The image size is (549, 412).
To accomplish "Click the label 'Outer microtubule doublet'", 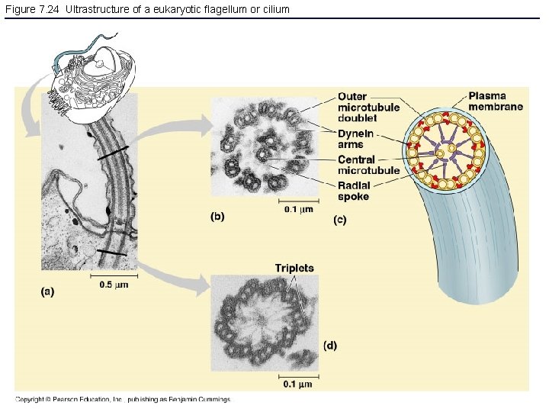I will (368, 108).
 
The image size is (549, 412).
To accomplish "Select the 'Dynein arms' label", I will (353, 139).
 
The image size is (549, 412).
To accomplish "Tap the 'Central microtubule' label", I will (368, 165).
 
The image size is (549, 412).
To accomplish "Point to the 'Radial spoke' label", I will (354, 192).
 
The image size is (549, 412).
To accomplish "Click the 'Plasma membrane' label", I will (495, 101).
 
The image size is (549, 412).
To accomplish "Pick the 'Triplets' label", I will (294, 268).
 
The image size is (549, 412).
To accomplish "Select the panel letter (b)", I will (217, 216).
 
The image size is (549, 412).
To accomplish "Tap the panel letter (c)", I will (340, 220).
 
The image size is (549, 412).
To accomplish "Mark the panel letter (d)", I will (329, 346).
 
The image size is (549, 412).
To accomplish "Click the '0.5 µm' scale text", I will (114, 285).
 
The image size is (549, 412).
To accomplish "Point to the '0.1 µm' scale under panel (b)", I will (298, 209).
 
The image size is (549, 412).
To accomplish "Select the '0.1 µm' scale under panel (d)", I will (299, 384).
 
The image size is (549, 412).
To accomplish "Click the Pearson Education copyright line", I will (122, 399).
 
